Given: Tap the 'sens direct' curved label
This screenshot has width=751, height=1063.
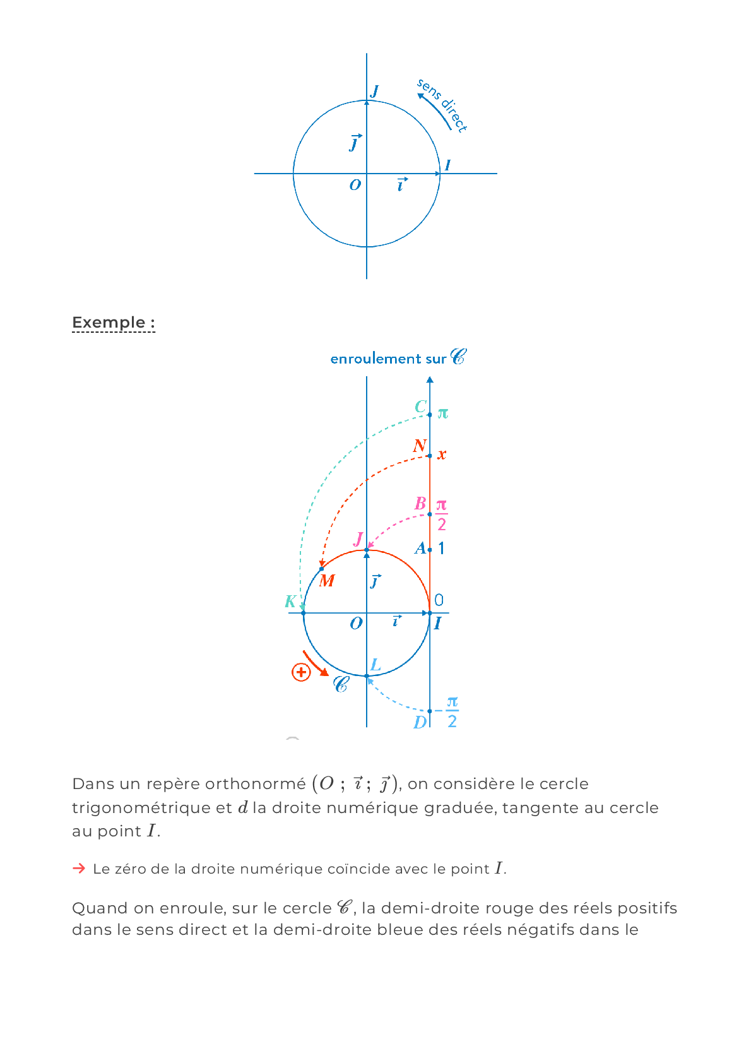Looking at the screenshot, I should point(444,105).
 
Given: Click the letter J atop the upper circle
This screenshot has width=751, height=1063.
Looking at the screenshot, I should point(375,92).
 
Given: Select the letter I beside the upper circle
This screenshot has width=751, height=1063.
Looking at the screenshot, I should point(447,165).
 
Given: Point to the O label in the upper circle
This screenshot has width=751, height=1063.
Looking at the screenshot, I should point(355,185).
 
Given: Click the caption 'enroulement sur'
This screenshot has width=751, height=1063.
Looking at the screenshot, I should point(388,359).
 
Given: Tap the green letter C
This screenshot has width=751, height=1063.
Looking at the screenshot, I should point(421,407).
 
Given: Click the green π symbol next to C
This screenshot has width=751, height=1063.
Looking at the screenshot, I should point(443,413).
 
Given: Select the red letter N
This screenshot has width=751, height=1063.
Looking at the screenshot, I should point(420,446).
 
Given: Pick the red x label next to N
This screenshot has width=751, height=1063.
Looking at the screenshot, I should point(442,454).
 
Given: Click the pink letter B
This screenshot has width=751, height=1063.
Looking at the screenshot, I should point(420,504).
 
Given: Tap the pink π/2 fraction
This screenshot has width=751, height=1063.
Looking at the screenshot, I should point(442,514).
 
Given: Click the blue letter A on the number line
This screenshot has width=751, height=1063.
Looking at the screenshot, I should point(420,549).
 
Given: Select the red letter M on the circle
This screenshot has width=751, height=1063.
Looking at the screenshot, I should point(327,581).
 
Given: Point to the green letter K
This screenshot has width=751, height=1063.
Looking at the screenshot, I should point(290,601).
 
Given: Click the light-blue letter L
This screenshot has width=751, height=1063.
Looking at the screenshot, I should point(375,665).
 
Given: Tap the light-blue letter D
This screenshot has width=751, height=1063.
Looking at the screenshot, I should point(420,722).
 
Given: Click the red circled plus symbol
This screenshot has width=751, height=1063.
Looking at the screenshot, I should point(301,672).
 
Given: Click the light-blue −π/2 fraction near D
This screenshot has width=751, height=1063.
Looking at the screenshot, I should point(451,711).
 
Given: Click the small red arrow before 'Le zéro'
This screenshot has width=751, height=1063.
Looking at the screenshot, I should point(79,869).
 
